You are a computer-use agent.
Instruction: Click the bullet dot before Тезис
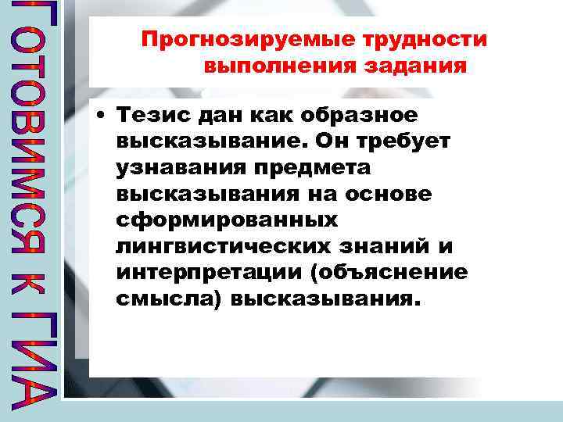(x=102, y=116)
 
